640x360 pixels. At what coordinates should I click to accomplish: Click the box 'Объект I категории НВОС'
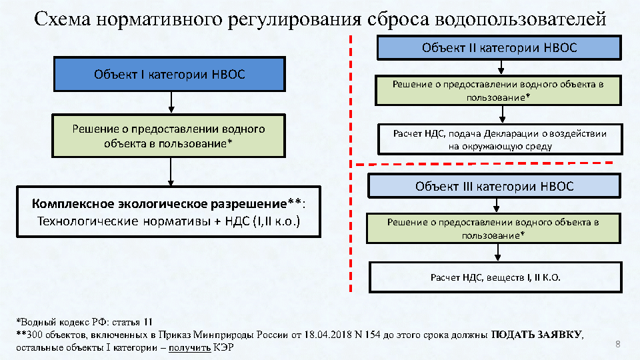click(x=169, y=74)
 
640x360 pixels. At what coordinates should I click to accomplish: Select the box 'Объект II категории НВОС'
click(x=499, y=48)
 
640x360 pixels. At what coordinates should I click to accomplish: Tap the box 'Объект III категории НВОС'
click(x=494, y=186)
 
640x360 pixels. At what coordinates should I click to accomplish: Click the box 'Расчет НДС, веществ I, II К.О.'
click(x=495, y=277)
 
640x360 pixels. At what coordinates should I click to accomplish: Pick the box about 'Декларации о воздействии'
click(x=499, y=139)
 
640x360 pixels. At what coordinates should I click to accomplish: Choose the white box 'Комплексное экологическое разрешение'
click(x=169, y=211)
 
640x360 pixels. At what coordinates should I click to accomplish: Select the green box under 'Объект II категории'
click(x=499, y=91)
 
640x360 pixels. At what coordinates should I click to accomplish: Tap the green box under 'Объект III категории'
click(x=494, y=228)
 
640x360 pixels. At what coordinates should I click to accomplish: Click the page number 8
click(x=617, y=344)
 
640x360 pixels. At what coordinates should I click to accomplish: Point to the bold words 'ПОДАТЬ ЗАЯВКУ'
click(x=537, y=335)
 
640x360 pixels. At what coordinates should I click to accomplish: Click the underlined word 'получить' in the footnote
click(x=189, y=347)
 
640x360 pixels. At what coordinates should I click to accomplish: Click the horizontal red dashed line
click(x=483, y=163)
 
